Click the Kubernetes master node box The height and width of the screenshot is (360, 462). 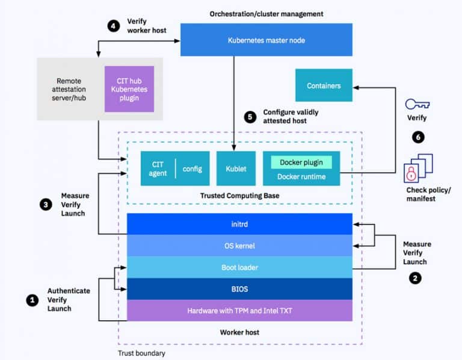click(x=266, y=40)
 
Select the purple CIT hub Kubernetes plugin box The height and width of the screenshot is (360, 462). click(x=129, y=89)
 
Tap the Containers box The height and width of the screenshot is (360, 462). click(x=324, y=85)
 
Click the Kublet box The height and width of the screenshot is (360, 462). click(x=236, y=169)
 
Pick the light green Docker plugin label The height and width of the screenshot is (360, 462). click(x=301, y=163)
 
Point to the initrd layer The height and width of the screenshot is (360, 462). click(x=239, y=224)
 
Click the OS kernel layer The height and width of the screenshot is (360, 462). click(x=239, y=246)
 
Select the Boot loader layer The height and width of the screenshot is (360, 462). click(x=239, y=267)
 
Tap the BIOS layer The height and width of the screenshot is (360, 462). click(x=239, y=289)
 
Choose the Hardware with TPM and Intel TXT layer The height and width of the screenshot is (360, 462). click(x=239, y=311)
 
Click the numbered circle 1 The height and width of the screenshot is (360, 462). click(x=32, y=300)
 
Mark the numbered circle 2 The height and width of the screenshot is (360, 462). click(x=415, y=278)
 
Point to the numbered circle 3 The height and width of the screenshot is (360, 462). click(x=46, y=205)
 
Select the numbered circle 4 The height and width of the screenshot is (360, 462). click(x=114, y=26)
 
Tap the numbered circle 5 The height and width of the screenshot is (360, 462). click(x=250, y=117)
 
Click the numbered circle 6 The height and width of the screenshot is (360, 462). click(x=418, y=137)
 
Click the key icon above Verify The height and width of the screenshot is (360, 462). click(x=417, y=104)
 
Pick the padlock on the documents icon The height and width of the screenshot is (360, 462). click(x=411, y=173)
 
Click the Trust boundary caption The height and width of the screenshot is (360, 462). click(x=141, y=353)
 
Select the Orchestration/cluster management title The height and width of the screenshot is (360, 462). click(x=266, y=14)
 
